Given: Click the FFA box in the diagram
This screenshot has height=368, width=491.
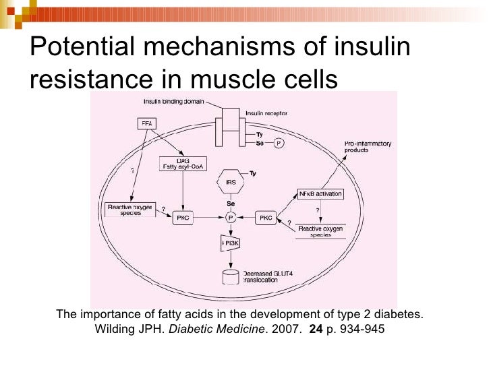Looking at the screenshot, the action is coord(146,123).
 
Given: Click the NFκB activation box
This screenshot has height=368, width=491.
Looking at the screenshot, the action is coord(320,194).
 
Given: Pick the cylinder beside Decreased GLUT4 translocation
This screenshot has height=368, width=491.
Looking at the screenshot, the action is coord(230,276).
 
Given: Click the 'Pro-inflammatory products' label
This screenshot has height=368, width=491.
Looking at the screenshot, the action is coord(368,148).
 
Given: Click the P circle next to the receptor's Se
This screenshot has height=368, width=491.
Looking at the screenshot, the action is coord(277,143).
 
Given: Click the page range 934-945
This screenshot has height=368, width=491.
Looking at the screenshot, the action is coord(360,330).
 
